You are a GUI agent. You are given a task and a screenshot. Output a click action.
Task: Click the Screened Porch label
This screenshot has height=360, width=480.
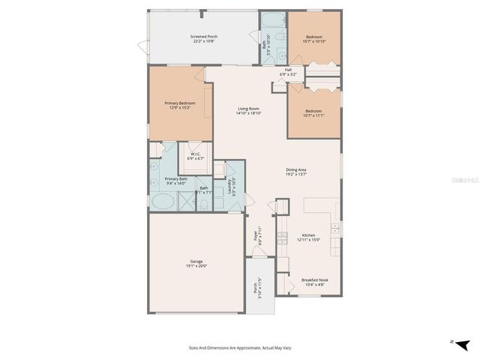tap(203, 36)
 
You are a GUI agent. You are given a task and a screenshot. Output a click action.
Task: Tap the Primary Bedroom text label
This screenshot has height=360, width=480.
tap(180, 103)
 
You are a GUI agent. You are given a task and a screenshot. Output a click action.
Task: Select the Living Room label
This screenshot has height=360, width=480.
tap(248, 109)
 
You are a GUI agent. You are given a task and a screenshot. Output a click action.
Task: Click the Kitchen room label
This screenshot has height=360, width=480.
tap(308, 235)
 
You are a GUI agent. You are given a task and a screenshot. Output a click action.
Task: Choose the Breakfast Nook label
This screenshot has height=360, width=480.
tap(315, 280)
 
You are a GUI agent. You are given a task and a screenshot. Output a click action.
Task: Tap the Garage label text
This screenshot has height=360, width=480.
tap(196, 261)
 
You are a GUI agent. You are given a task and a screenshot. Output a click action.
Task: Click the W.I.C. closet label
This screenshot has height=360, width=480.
tap(196, 154)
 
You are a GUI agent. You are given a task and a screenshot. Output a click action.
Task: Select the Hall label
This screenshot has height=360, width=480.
tap(289, 70)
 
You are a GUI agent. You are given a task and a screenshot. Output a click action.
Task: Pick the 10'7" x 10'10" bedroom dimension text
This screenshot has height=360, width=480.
tap(314, 41)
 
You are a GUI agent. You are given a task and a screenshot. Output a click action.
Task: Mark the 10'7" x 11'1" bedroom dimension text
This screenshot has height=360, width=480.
tap(314, 115)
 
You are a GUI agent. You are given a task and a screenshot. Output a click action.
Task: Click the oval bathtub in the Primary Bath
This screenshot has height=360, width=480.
tap(162, 201)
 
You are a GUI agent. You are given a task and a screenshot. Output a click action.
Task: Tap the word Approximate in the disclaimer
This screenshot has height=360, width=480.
tap(241, 348)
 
